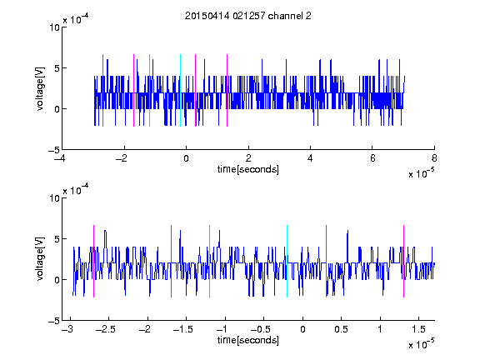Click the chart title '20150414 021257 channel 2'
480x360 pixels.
pos(248,16)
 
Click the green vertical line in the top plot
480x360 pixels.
pos(149,90)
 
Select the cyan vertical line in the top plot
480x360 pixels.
pos(180,90)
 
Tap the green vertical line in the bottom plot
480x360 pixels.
pos(210,261)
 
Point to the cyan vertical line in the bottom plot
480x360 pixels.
pos(287,261)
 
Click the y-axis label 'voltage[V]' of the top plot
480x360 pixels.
pos(40,88)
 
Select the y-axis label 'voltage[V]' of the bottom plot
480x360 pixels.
pos(40,259)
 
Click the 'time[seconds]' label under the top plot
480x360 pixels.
pos(248,169)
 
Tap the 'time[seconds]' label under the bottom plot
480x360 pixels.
pos(248,340)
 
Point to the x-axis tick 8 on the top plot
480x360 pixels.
pos(434,158)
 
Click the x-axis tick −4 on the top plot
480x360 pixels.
pos(60,158)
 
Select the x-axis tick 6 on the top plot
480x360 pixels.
pos(372,158)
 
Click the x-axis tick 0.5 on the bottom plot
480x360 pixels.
pos(342,329)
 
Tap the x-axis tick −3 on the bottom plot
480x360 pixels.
pos(67,329)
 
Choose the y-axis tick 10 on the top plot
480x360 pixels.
pos(54,27)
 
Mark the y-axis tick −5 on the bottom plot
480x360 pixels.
pos(54,321)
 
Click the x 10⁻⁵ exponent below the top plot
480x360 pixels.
pos(421,173)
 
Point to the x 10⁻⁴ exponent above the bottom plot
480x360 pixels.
pos(76,190)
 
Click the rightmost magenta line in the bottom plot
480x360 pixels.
pos(404,261)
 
